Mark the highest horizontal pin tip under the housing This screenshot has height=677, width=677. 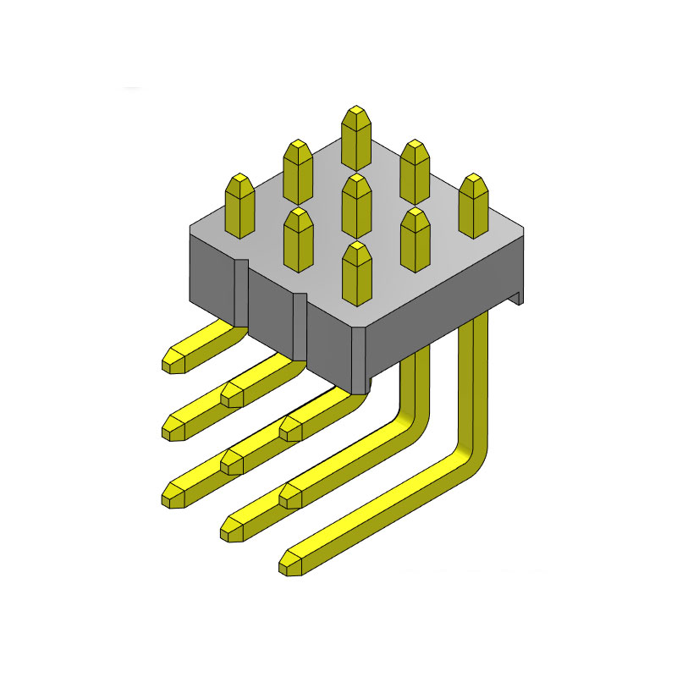point(174,360)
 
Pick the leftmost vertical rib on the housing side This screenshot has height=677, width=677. point(241,292)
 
